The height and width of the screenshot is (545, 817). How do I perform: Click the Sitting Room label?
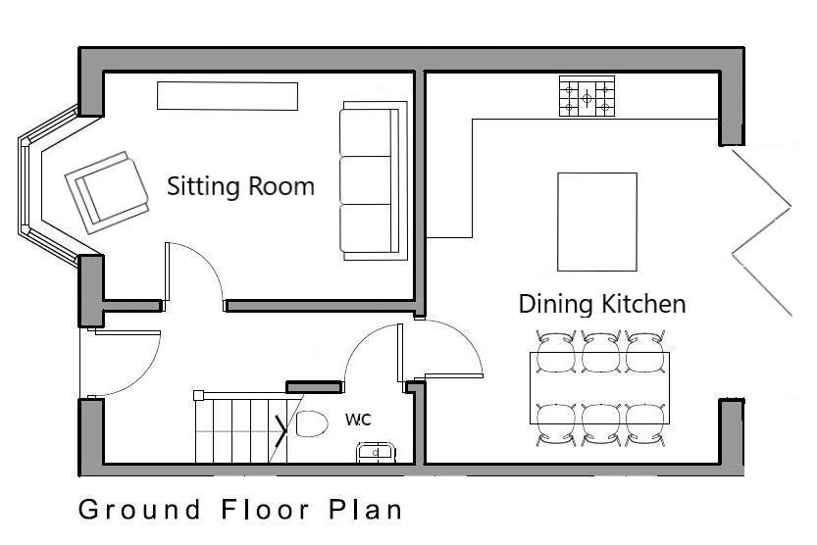pos(240,187)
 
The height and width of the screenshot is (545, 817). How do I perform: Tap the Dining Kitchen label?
pos(602,304)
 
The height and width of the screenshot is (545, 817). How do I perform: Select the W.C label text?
pos(359,420)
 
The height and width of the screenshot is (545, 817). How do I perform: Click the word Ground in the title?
pos(139,511)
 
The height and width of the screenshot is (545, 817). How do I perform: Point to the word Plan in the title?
pos(365,509)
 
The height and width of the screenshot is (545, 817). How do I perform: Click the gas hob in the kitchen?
pos(587,96)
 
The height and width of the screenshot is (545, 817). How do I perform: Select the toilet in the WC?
pos(312,423)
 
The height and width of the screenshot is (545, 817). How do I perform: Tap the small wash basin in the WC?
pos(375,452)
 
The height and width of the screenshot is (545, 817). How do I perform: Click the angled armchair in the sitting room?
pos(107,192)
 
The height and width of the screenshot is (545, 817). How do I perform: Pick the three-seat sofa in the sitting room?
pos(373,180)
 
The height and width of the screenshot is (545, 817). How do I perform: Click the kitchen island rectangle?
pos(597,222)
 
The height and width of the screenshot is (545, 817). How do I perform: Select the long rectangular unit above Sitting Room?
pos(228,96)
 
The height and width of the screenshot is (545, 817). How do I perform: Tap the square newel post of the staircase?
pos(198,396)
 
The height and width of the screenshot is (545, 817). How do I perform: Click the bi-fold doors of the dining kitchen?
pos(762,232)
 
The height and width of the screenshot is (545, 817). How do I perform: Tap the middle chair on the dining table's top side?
pos(601,352)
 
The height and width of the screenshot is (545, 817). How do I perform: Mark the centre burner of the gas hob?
pos(587,97)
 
